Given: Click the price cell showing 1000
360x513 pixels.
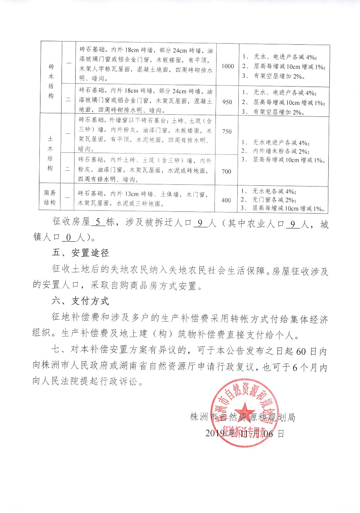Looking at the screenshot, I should click(x=228, y=66).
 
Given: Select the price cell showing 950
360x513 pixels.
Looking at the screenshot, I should click(x=227, y=102).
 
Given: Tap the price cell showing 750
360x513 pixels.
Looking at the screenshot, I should click(x=227, y=131).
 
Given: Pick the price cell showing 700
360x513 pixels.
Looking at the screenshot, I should click(x=227, y=171).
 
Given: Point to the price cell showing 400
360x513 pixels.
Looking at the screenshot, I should click(x=226, y=200).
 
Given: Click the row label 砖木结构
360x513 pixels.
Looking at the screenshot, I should click(x=51, y=81).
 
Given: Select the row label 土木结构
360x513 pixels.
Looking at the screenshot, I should click(x=50, y=154).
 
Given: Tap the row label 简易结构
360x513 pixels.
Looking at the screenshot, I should click(x=50, y=198).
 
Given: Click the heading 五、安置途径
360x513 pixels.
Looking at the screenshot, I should click(x=80, y=253).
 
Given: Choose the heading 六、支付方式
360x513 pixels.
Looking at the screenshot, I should click(x=80, y=301).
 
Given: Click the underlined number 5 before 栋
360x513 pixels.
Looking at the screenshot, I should click(x=98, y=223).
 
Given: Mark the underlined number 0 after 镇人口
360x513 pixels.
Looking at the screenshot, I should click(x=69, y=238).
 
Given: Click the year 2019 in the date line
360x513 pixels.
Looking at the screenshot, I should click(x=215, y=433).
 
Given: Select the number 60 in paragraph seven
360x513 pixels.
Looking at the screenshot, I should click(x=301, y=351).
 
